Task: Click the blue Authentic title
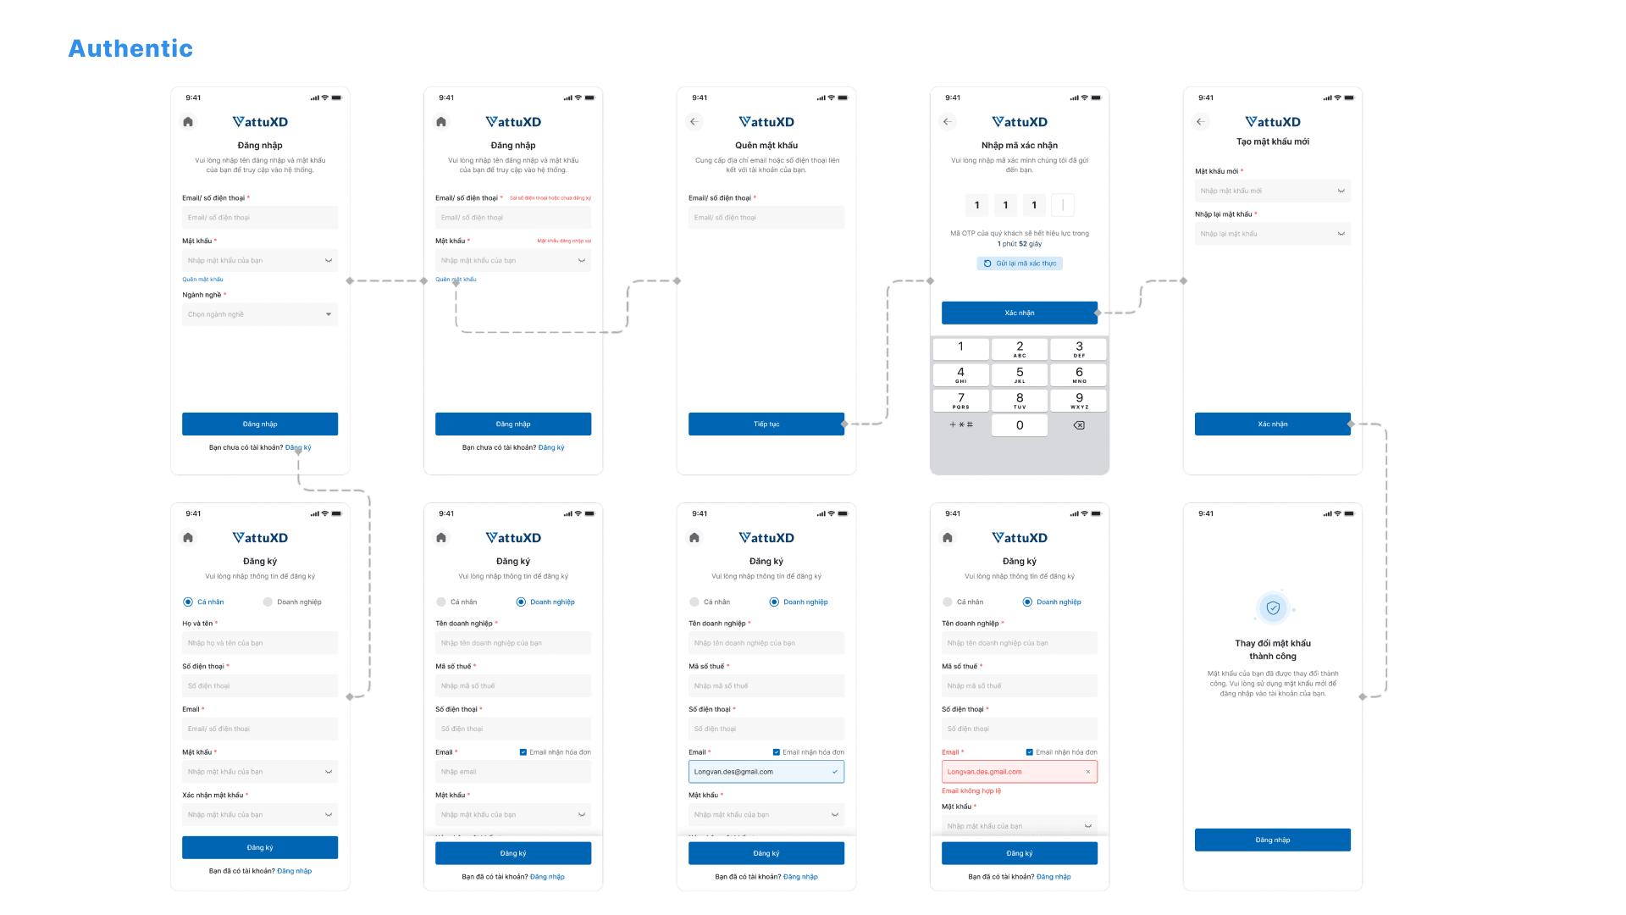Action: (x=130, y=48)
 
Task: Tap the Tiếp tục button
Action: (x=766, y=424)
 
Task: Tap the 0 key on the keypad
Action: (x=1020, y=425)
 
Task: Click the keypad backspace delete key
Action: (x=1079, y=425)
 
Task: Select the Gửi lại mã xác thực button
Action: (x=1020, y=263)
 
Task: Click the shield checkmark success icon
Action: (x=1273, y=607)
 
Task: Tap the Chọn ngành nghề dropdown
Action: (x=259, y=314)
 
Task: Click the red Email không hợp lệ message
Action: (x=971, y=790)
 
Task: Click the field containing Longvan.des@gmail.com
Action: (x=766, y=772)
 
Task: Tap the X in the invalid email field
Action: (x=1088, y=772)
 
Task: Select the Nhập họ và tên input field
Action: (x=259, y=643)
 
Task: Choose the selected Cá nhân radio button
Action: (x=188, y=602)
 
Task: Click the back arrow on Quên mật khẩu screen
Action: (x=694, y=122)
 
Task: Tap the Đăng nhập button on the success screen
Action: (x=1272, y=840)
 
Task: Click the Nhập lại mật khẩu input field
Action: (x=1272, y=234)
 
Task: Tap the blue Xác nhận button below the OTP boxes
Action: (x=1019, y=313)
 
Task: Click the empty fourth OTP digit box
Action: (x=1063, y=205)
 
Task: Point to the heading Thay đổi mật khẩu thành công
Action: (x=1272, y=650)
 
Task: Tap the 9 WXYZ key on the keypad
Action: (x=1079, y=400)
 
